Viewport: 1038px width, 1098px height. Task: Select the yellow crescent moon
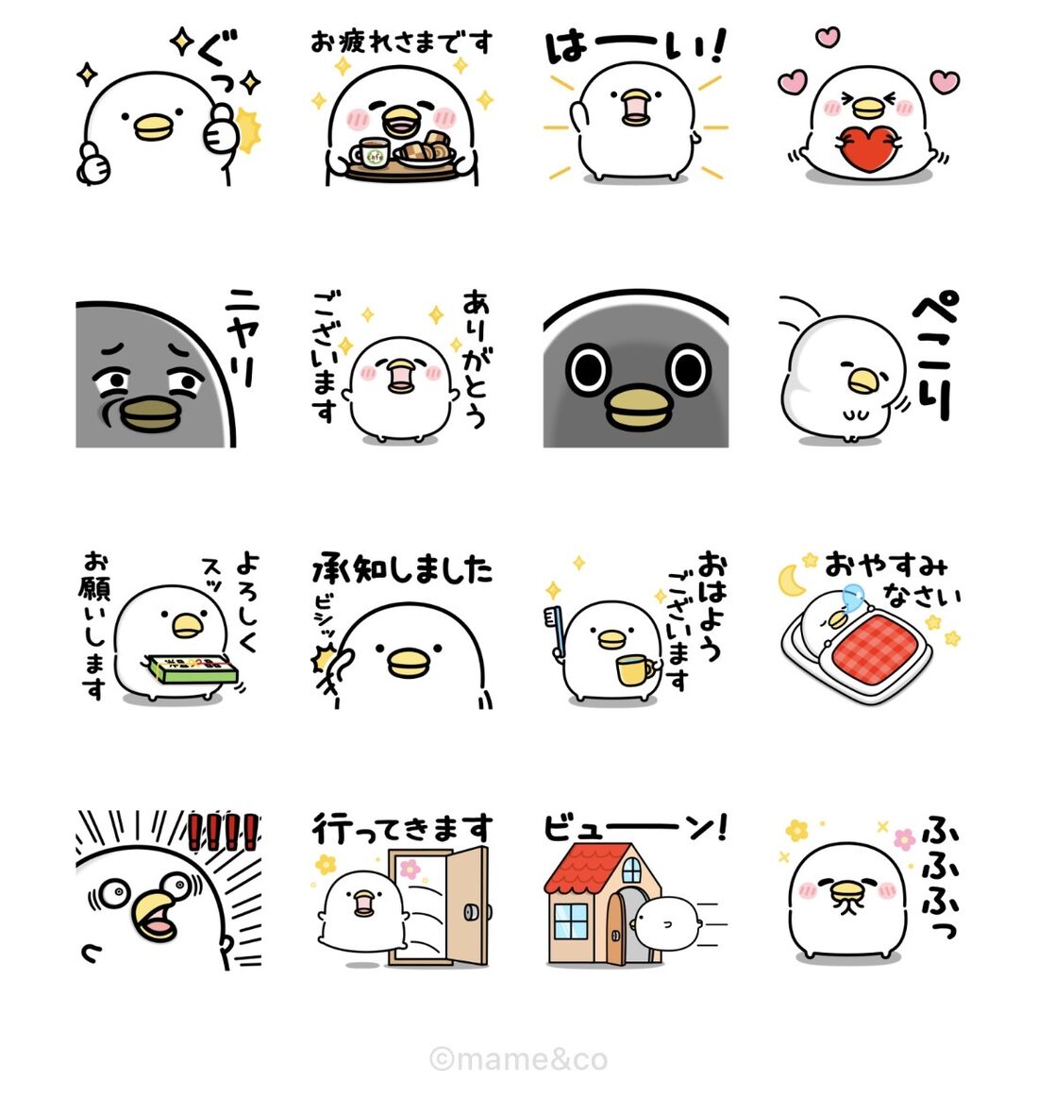[793, 580]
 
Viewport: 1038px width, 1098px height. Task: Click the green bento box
[188, 669]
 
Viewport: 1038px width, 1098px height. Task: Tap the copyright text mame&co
[519, 1058]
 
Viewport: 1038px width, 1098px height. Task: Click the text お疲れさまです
[402, 42]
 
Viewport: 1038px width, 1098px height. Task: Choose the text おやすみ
[885, 566]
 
